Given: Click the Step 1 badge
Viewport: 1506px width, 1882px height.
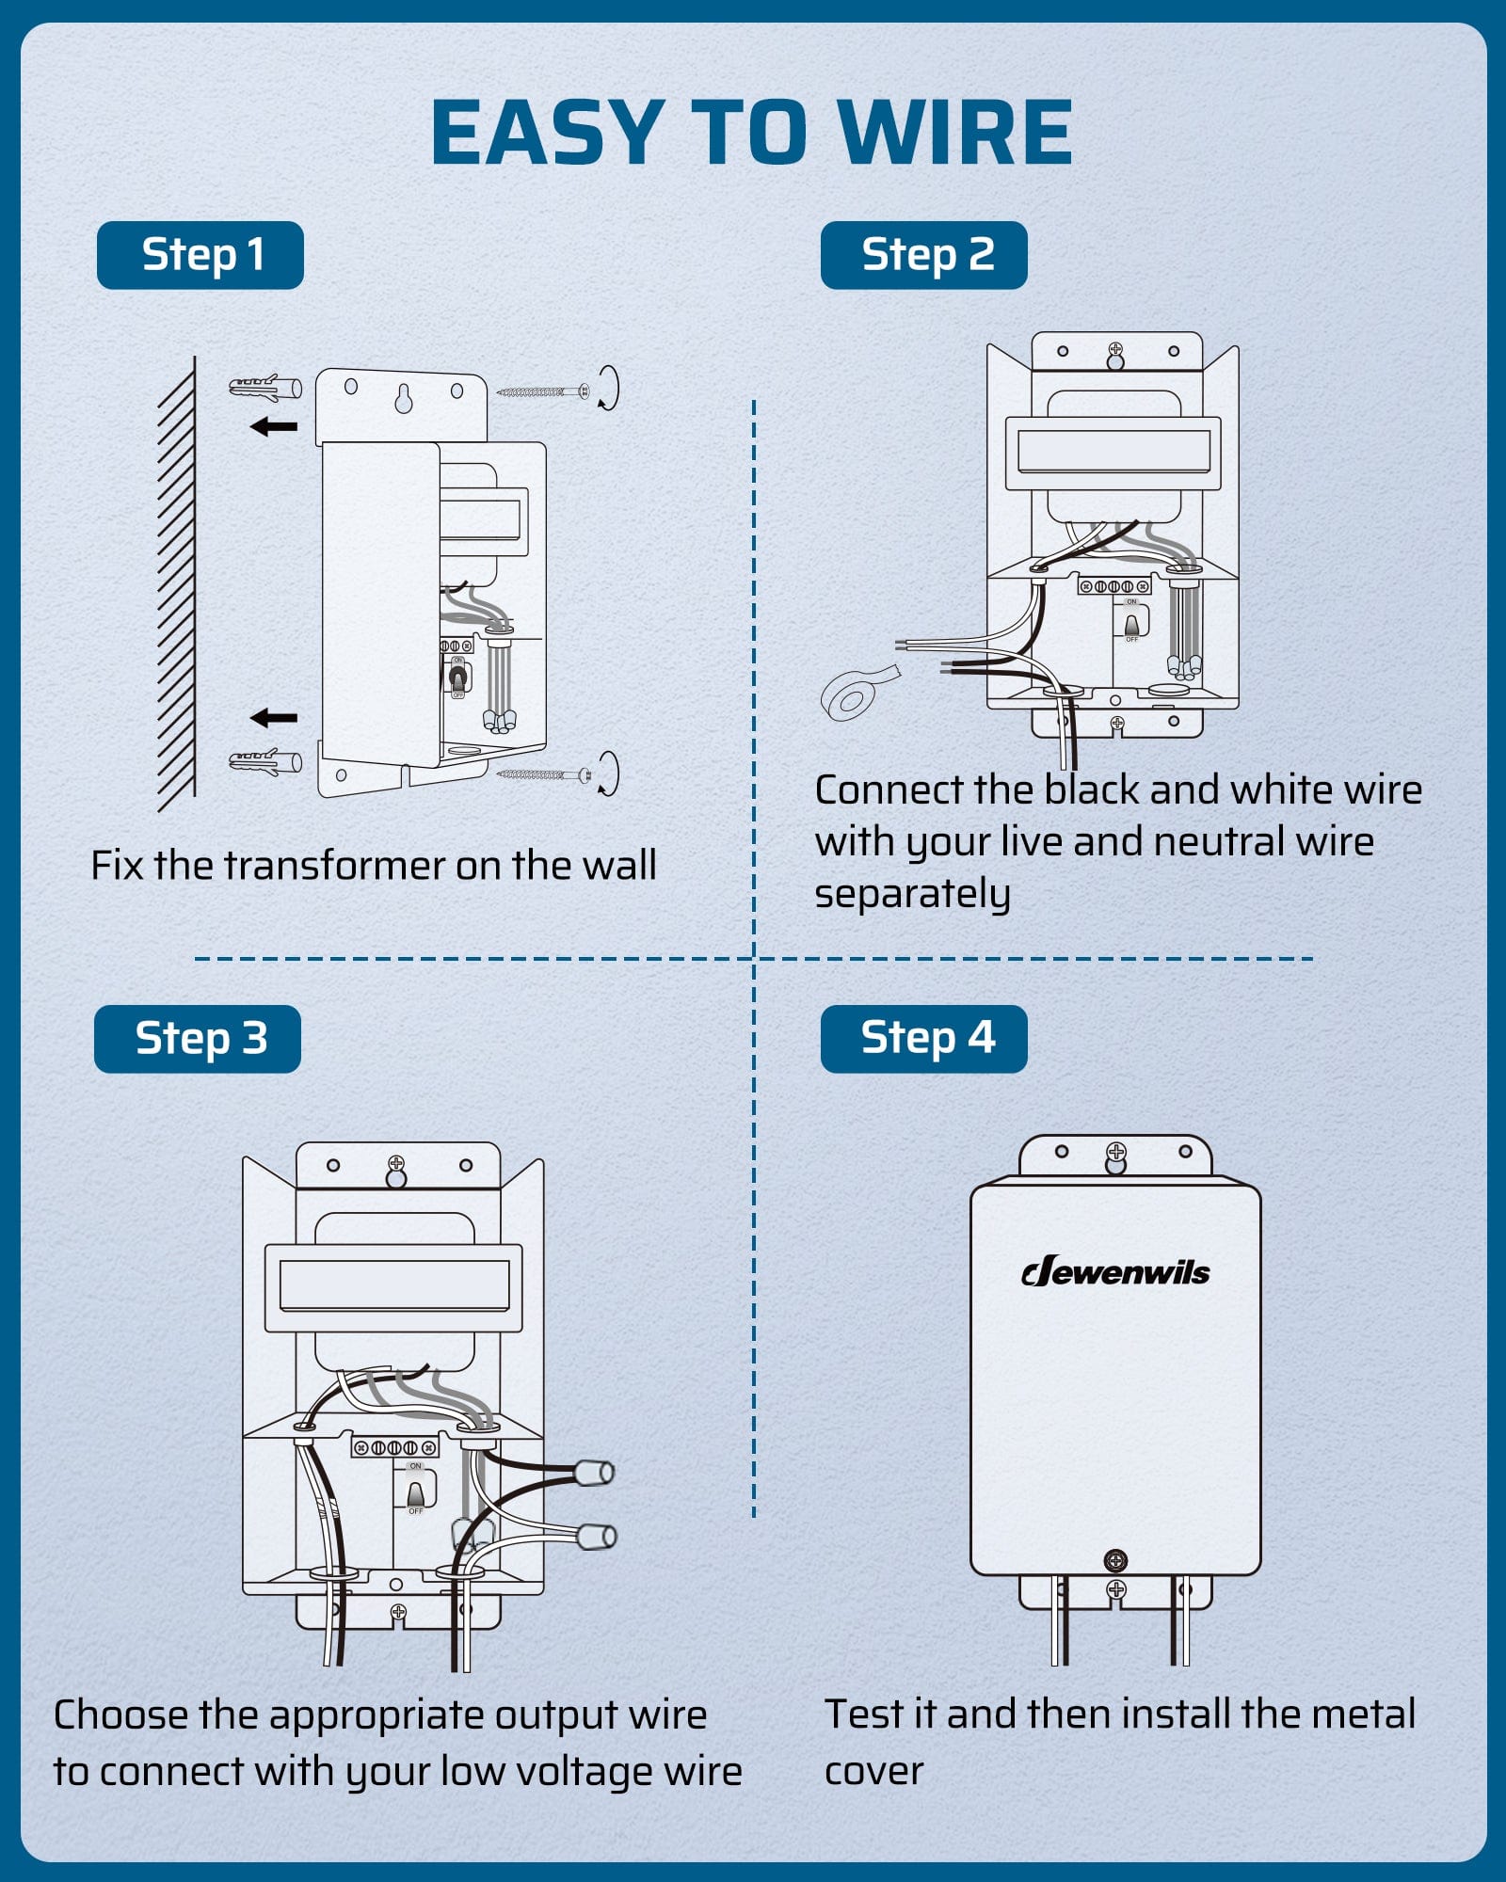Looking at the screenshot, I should [x=200, y=255].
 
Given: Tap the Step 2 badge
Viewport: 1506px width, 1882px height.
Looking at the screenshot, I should [x=923, y=255].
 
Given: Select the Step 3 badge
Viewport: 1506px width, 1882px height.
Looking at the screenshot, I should [x=198, y=1039].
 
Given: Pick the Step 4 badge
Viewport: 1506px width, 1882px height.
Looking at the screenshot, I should [x=923, y=1039].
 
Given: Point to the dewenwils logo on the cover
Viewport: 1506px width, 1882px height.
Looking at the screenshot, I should [x=1115, y=1272].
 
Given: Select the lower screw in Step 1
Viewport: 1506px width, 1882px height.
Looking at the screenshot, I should [x=544, y=775].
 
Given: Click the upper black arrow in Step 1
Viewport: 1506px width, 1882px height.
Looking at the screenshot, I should [x=274, y=427].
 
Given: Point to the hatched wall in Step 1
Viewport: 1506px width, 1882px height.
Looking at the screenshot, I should [x=177, y=583].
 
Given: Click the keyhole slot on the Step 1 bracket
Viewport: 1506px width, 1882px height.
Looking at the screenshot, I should [x=403, y=398].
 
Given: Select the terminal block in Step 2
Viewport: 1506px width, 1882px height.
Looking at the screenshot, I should [x=1113, y=586].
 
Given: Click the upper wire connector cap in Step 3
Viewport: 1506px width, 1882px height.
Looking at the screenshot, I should [x=593, y=1472].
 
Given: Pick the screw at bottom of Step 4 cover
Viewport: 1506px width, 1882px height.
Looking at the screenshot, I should [x=1115, y=1561].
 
